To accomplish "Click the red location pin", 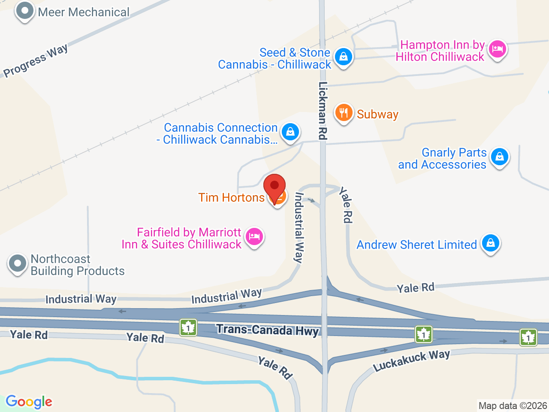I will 274,187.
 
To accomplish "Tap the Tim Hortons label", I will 231,197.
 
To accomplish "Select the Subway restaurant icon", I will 344,113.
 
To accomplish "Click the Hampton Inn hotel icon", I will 497,49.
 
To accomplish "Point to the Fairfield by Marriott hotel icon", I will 254,236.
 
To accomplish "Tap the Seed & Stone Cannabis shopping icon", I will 343,57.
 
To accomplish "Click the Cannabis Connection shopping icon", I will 290,132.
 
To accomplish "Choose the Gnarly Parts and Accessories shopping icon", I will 500,157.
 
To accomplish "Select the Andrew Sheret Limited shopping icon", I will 490,243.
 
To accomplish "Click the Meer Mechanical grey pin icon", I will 24,11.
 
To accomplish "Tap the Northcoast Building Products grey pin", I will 18,264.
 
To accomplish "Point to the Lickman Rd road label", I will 323,110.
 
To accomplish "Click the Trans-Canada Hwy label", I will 268,330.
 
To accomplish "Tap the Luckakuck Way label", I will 411,360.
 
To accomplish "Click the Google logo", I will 29,402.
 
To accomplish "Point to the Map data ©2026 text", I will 513,406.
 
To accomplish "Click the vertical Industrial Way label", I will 299,227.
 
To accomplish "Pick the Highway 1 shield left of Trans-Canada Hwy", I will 188,327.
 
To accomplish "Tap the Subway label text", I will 377,114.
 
